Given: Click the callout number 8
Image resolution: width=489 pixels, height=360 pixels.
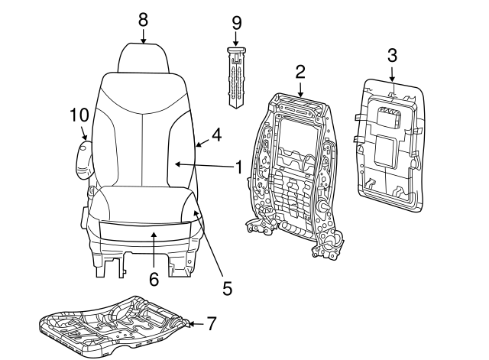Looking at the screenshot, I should pos(143,19).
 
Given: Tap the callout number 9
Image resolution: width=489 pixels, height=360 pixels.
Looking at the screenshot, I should pos(236,24).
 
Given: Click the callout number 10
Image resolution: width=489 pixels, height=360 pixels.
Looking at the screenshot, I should pos(79,115).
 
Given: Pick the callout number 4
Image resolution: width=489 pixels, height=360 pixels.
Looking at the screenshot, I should pos(216,135).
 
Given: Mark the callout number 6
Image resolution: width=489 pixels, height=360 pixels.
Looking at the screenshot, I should pos(154,280).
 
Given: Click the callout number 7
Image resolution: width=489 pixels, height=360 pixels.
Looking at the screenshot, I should pos(212,325).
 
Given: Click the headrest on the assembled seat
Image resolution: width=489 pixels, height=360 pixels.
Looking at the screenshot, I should pos(143,57).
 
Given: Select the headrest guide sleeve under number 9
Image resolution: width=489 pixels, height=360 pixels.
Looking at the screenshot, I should pos(236,76).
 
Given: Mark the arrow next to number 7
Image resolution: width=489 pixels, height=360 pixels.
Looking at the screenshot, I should pos(194,325).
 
